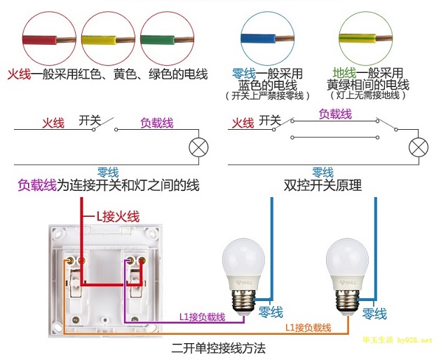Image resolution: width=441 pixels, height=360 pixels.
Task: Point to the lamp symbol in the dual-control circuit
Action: (x=419, y=147)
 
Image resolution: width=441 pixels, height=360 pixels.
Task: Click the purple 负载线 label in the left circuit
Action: (x=156, y=123)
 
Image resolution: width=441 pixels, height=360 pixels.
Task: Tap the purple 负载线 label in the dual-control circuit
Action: (x=334, y=114)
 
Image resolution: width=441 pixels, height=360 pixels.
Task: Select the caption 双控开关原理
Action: (x=323, y=186)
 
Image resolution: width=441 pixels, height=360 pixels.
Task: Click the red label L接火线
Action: (x=117, y=217)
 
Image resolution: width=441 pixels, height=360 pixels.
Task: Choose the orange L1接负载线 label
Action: (x=308, y=328)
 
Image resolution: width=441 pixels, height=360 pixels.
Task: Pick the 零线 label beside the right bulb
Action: (x=374, y=313)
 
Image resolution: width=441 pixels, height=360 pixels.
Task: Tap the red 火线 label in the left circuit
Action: (x=53, y=123)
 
